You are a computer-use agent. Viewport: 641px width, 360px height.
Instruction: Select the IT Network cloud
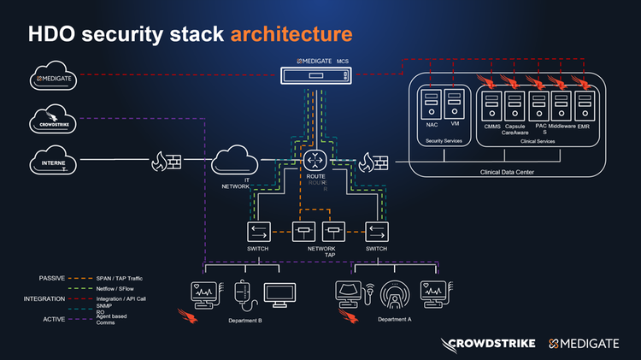[237, 160]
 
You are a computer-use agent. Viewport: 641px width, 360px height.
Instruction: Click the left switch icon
[258, 232]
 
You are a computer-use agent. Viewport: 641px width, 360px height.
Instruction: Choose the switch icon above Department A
[377, 232]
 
